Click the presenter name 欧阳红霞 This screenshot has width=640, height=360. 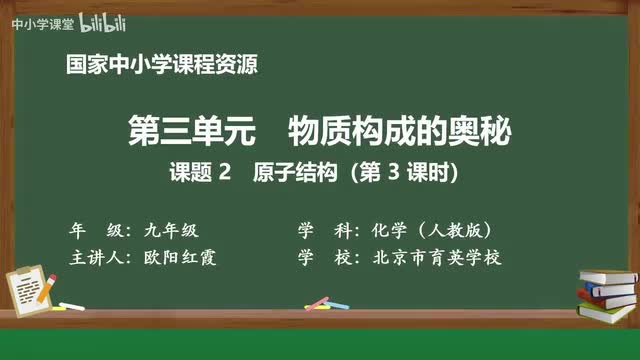tap(180, 257)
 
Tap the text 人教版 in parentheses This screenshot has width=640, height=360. tap(460, 229)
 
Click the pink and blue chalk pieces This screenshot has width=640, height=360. tap(319, 301)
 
